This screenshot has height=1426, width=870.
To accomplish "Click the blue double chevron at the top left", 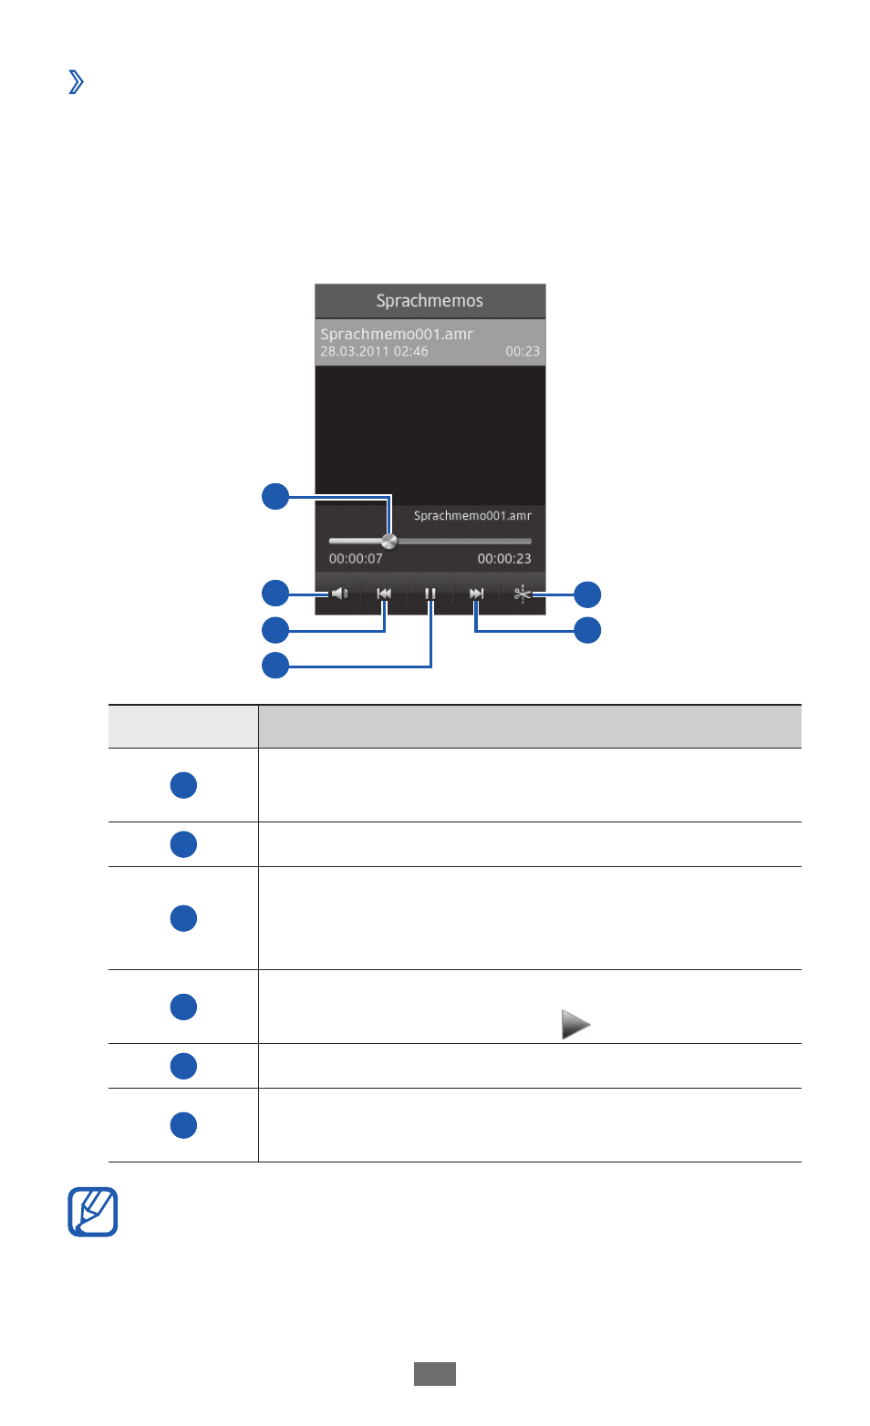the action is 76,81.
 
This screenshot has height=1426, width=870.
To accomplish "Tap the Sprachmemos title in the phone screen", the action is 430,301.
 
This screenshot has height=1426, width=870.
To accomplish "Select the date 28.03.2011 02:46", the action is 374,351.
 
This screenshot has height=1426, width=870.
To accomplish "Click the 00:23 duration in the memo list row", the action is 523,351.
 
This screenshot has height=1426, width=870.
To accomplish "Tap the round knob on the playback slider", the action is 389,541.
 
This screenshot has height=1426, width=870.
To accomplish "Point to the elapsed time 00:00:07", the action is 356,559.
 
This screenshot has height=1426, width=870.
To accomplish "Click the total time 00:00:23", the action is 504,559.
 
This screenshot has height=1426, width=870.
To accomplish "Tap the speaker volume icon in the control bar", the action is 339,594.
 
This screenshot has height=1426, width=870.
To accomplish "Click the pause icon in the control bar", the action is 430,594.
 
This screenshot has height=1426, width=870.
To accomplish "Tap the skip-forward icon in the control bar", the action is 476,594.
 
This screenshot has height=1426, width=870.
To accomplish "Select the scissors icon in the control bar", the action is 523,594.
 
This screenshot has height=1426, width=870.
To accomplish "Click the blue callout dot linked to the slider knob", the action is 275,497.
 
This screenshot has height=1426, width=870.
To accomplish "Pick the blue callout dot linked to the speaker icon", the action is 275,594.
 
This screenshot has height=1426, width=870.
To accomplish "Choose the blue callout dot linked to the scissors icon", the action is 587,594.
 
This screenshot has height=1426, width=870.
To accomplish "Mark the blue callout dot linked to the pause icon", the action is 275,666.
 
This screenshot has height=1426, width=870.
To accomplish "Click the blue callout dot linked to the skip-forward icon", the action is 587,630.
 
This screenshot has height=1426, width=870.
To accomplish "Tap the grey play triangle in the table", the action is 575,1024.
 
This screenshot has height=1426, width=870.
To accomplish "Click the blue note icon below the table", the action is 93,1212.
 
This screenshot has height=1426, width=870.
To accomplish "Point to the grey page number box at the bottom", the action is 435,1374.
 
